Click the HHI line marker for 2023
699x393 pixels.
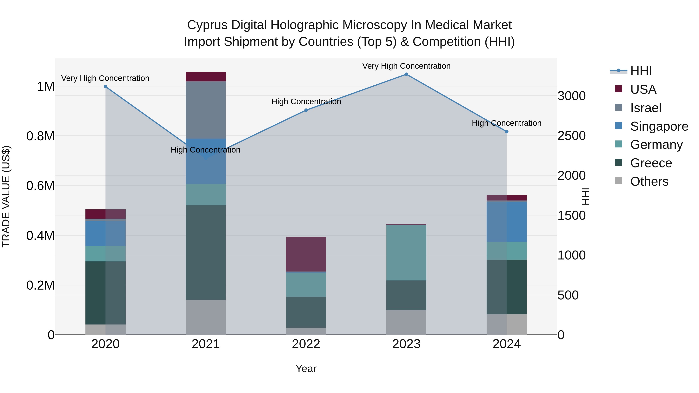point(406,74)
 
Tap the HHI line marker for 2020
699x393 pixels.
point(106,87)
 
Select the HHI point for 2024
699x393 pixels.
point(507,132)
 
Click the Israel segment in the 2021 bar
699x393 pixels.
point(206,110)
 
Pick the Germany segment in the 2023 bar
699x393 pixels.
point(406,253)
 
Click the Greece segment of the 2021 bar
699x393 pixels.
point(206,252)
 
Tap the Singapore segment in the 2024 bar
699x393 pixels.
point(507,222)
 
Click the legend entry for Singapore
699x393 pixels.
point(659,126)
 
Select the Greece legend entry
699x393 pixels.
point(651,163)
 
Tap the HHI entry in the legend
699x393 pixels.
point(641,71)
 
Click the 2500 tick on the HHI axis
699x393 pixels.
point(571,136)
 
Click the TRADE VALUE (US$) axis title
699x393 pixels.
point(6,197)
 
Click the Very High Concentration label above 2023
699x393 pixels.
point(406,66)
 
